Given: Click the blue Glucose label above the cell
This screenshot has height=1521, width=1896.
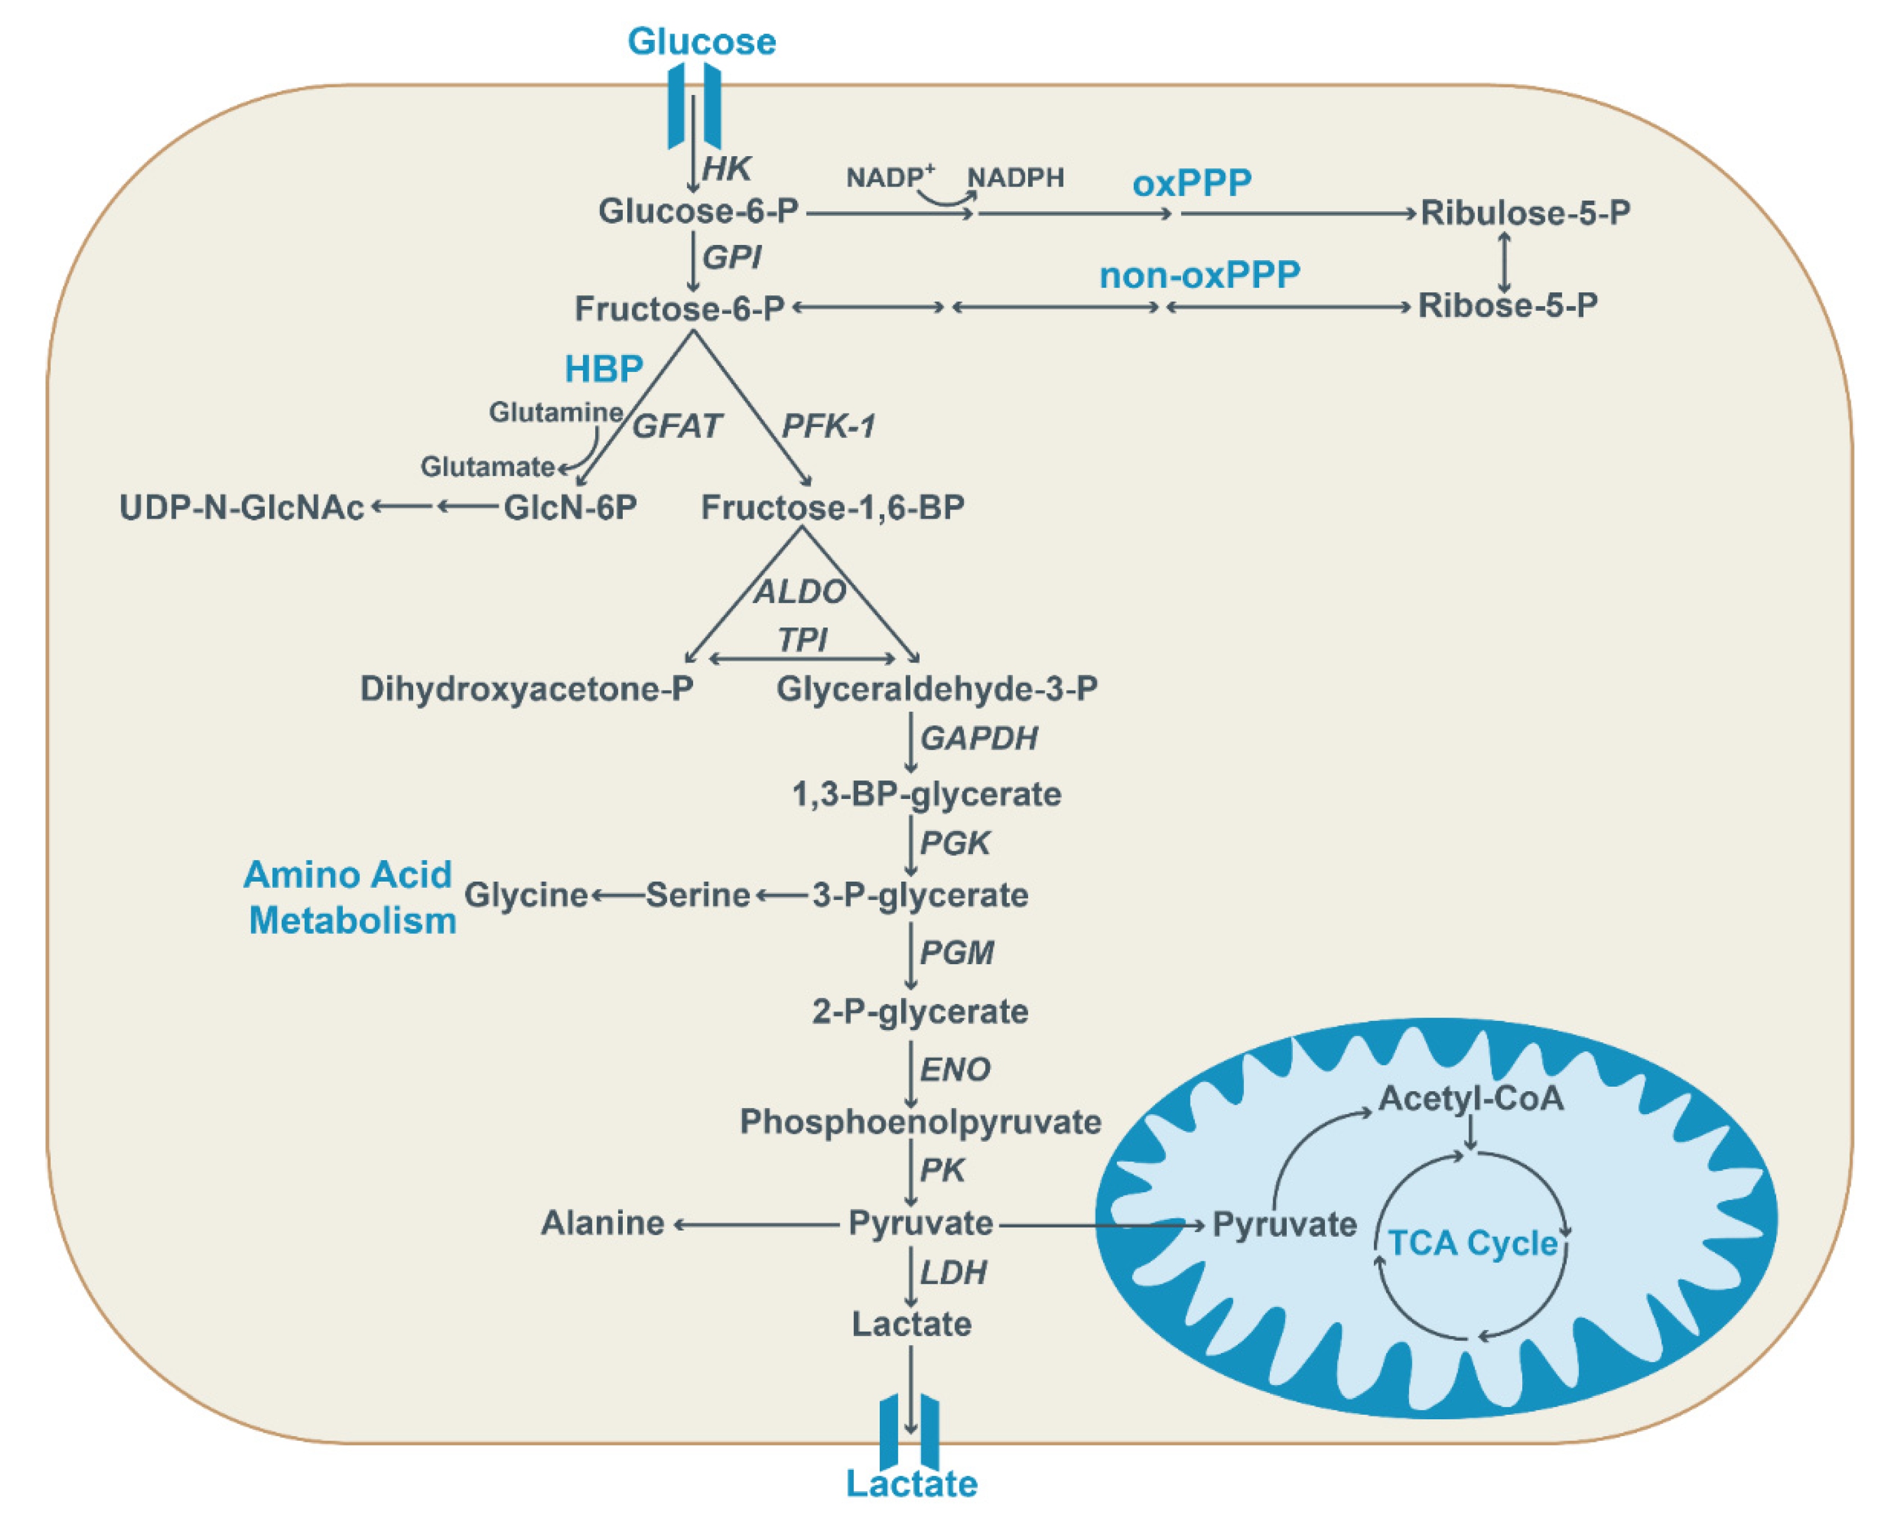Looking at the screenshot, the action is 701,42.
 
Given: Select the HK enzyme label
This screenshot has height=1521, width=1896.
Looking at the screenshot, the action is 726,168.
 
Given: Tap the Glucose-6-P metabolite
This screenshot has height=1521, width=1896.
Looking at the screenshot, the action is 698,211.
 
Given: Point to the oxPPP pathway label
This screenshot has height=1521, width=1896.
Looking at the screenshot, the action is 1192,183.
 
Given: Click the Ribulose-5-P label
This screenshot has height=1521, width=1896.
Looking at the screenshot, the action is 1526,212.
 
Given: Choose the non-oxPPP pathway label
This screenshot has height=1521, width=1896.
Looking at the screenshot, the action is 1200,275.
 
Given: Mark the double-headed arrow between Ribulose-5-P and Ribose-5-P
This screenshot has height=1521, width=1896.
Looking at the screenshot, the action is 1505,261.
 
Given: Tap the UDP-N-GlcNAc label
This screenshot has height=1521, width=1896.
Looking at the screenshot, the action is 242,508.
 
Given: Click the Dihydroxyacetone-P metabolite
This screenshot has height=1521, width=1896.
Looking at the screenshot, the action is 527,688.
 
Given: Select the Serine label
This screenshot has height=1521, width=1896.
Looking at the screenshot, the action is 698,895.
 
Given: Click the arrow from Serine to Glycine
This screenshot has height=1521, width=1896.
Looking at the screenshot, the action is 618,896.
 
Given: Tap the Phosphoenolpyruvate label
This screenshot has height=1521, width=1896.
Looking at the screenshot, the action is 921,1123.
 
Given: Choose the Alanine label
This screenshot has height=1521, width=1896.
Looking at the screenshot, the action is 603,1223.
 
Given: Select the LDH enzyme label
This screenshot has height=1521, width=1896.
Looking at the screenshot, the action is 953,1272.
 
